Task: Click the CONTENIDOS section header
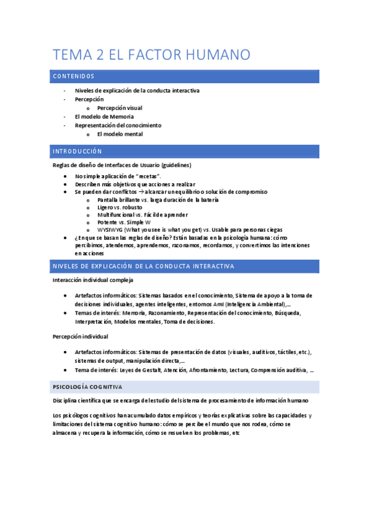click(73, 76)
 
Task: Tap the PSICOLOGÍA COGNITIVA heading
click(87, 387)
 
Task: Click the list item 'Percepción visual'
click(120, 108)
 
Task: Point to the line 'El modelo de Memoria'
click(104, 117)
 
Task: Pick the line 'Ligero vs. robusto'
click(120, 208)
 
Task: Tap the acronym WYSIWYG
click(109, 230)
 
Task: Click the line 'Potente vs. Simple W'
click(124, 223)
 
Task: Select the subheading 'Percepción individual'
click(81, 337)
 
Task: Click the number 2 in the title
click(100, 55)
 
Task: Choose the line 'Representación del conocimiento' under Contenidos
click(118, 125)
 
